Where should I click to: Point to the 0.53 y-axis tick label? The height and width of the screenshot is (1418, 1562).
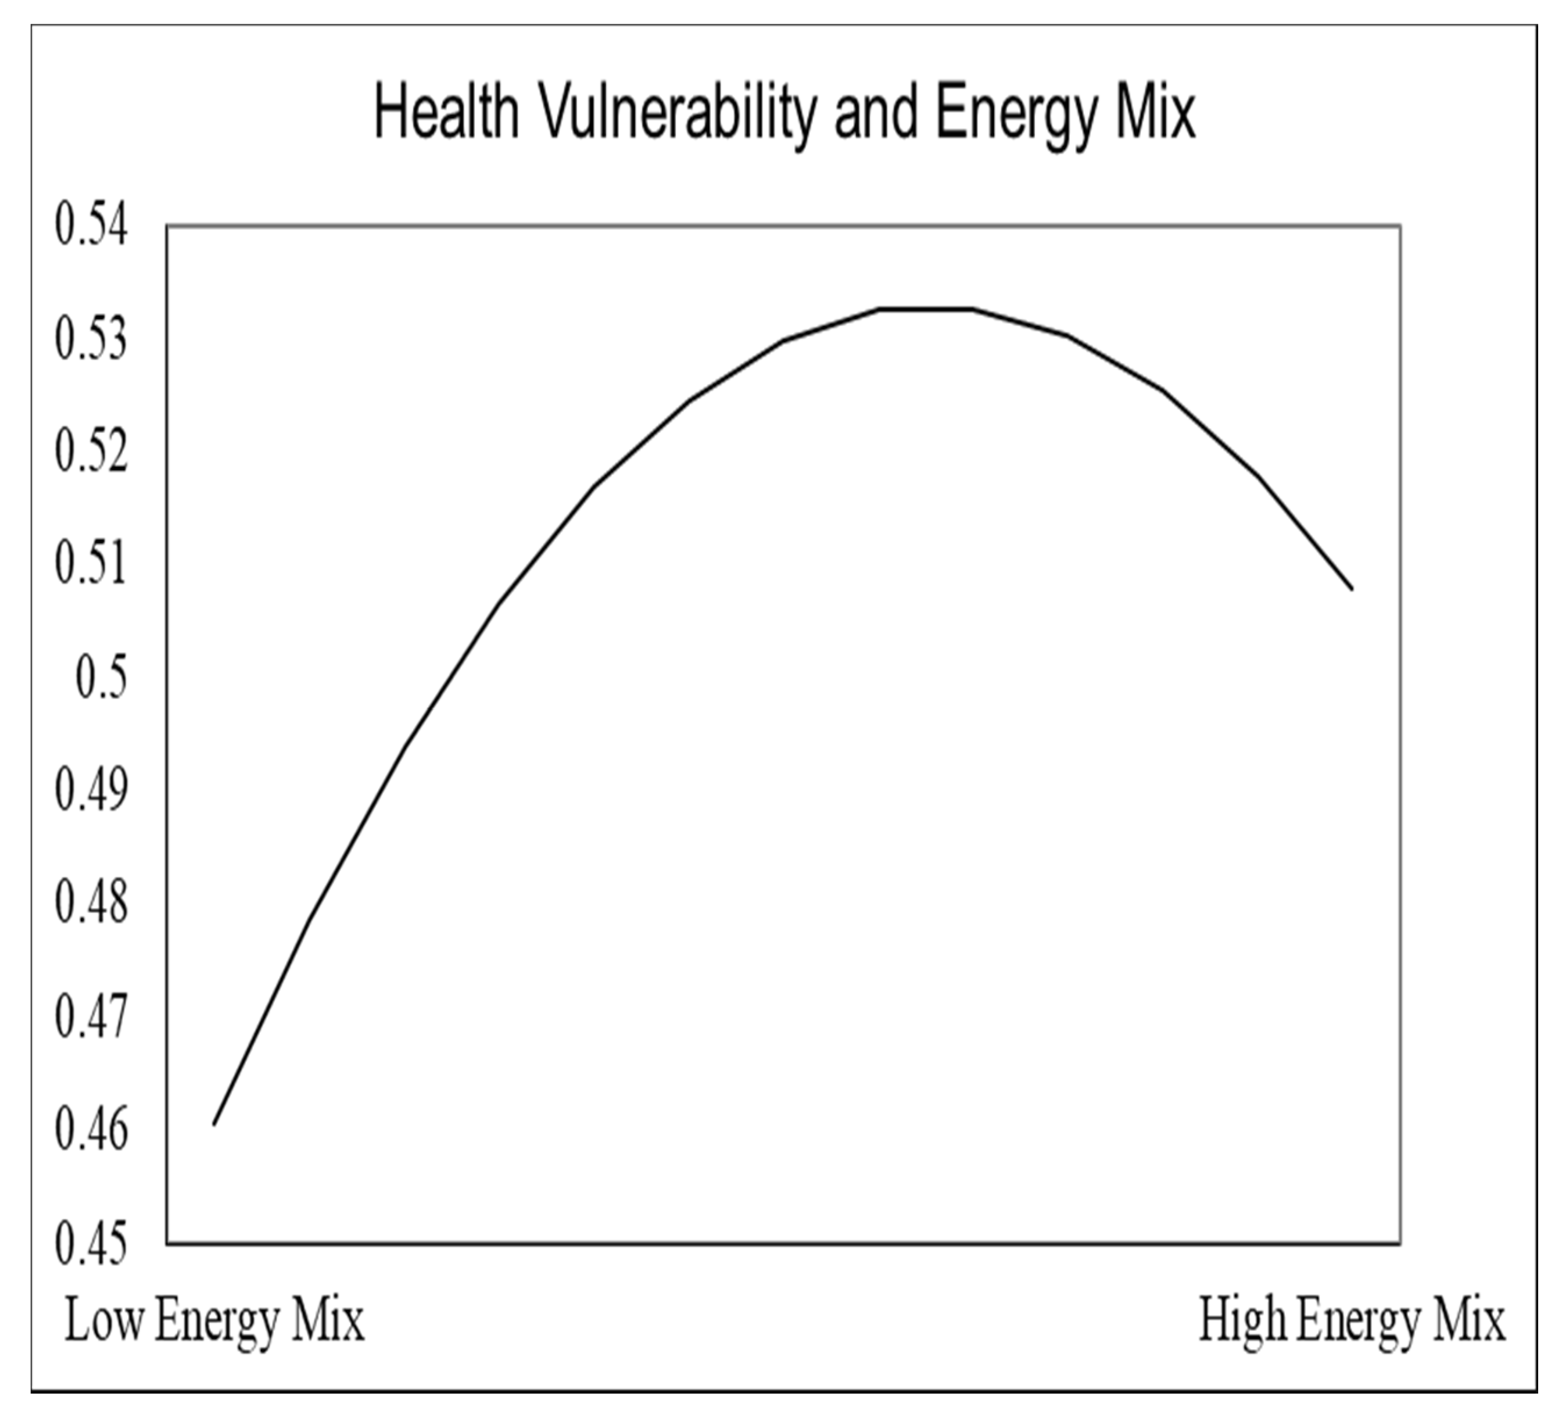pyautogui.click(x=91, y=341)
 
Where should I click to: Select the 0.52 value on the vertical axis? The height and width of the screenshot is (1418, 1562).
pyautogui.click(x=91, y=453)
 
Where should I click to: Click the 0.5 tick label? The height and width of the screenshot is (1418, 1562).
pyautogui.click(x=101, y=679)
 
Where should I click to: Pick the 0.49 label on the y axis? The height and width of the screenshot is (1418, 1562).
pyautogui.click(x=91, y=791)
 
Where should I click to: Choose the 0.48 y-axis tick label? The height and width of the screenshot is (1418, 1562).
pyautogui.click(x=91, y=904)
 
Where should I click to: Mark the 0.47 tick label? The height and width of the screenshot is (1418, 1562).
pyautogui.click(x=91, y=1016)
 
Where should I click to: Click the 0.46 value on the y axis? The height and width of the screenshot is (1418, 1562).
pyautogui.click(x=91, y=1130)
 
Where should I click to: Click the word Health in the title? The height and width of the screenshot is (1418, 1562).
pyautogui.click(x=446, y=114)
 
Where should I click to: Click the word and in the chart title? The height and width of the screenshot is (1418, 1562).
pyautogui.click(x=876, y=114)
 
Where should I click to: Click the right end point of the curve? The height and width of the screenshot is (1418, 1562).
pyautogui.click(x=1352, y=589)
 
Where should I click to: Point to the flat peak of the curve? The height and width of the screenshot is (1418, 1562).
pyautogui.click(x=925, y=309)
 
